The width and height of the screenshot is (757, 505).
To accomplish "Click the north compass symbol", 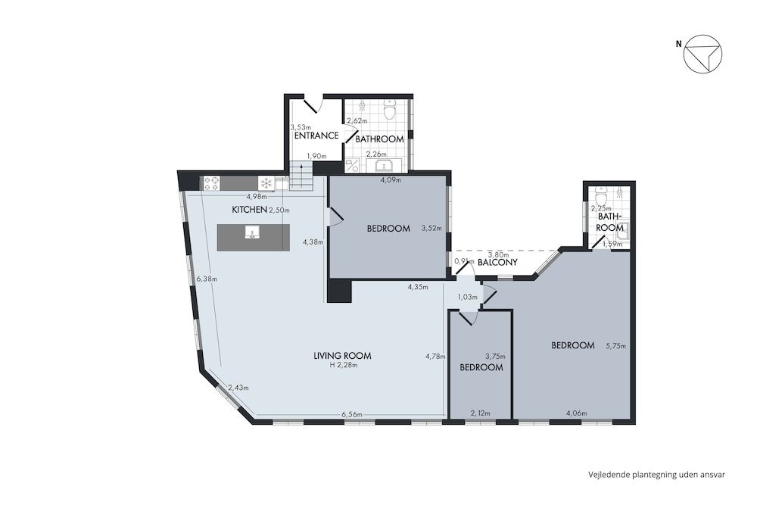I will [x=702, y=55].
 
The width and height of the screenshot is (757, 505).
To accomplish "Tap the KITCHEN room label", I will [x=249, y=210].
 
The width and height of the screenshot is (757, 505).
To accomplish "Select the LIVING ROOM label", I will [x=342, y=356].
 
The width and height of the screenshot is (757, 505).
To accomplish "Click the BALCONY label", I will [x=497, y=263].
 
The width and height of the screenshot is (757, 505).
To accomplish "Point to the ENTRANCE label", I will [x=316, y=136].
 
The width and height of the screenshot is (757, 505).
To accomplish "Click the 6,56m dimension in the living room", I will [x=352, y=414].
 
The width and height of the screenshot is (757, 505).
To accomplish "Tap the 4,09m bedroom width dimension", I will [x=390, y=180].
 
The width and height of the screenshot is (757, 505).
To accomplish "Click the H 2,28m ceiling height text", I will [x=342, y=366].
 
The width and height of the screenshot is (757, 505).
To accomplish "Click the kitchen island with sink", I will [x=253, y=237].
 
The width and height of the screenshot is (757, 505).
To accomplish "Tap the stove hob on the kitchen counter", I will [x=211, y=183].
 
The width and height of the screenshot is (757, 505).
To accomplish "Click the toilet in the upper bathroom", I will [x=390, y=111].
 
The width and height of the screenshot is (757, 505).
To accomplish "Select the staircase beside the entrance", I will [x=301, y=178].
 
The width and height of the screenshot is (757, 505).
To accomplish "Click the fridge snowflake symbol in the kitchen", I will [x=266, y=183].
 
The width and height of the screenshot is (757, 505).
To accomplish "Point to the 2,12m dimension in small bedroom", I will [x=480, y=413].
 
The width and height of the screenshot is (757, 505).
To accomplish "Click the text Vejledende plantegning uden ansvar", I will [x=657, y=475].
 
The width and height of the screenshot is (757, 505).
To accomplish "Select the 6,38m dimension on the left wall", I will [x=207, y=279].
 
